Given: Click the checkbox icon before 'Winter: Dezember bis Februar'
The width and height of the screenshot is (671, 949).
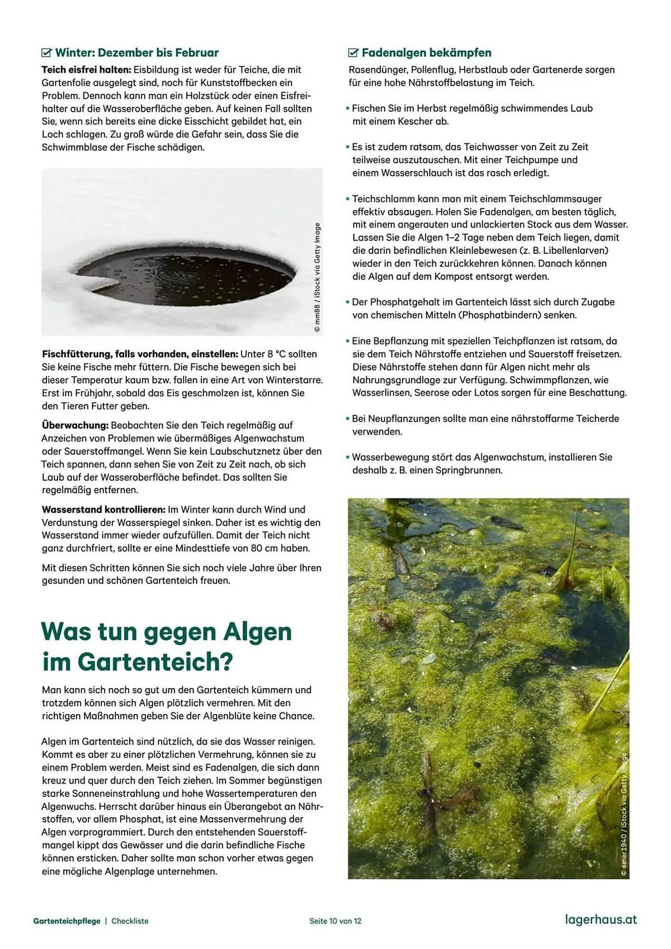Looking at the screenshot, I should point(47,53).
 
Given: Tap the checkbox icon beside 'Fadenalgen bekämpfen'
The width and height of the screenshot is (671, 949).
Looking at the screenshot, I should point(353,53).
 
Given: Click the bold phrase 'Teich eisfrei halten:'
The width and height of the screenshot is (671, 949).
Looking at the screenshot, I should point(83,70).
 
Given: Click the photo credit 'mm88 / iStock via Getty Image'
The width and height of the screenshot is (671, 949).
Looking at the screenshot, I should point(317,278).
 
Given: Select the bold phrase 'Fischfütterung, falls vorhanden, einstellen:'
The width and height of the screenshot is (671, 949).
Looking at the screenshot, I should point(140,354).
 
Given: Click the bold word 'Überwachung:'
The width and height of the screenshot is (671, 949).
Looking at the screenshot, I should point(75,425).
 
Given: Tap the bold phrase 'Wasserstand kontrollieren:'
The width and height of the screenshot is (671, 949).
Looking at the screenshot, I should point(103,510).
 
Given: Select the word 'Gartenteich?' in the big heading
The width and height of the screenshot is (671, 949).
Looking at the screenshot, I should point(155,662).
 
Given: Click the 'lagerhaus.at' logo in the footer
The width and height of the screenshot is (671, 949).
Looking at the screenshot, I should point(601,920).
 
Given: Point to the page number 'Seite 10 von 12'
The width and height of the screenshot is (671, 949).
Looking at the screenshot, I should point(335,921).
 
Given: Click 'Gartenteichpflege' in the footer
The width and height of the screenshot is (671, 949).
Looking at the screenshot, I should point(67,921).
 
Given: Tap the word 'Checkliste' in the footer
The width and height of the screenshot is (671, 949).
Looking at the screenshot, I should point(130,921).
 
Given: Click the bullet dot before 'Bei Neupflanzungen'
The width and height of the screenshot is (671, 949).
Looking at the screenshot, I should point(348,419).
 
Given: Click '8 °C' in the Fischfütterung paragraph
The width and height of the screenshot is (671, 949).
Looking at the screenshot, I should point(274,354).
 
